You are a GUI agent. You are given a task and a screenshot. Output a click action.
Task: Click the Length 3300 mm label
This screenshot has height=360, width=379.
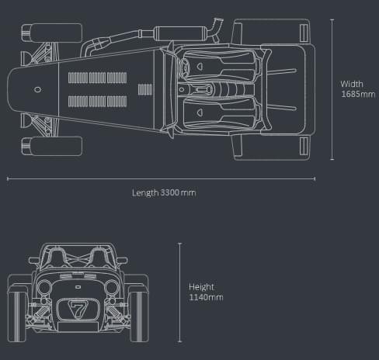[164, 193]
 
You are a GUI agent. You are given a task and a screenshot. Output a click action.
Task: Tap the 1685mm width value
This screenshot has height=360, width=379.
[358, 94]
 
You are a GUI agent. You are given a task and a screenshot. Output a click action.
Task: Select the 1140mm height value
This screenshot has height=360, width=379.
[206, 297]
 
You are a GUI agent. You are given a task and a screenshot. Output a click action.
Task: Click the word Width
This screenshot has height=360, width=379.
[352, 84]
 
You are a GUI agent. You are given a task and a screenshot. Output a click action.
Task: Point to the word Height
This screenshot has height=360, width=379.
[201, 287]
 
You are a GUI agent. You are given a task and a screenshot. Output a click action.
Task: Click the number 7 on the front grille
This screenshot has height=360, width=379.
[78, 309]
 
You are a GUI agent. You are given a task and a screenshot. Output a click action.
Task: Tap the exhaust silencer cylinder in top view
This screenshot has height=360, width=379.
[180, 33]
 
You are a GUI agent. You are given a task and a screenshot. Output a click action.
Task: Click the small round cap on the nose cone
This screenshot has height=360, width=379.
[38, 89]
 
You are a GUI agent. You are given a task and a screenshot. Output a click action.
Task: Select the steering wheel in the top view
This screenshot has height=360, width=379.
[184, 67]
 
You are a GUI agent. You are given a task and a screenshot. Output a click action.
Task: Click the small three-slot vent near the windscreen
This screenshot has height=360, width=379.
[145, 89]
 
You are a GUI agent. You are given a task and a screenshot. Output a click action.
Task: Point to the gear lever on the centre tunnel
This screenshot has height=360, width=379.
[203, 90]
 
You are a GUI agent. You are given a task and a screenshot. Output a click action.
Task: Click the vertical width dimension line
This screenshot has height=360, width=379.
[332, 89]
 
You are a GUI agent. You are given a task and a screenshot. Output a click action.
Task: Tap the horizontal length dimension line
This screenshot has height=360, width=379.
[161, 178]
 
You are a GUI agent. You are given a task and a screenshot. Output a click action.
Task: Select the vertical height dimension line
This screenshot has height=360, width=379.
[180, 292]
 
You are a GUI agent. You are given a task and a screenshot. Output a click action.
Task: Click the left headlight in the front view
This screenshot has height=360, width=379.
[43, 288]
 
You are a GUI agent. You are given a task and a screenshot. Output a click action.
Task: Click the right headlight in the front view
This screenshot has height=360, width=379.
[112, 287]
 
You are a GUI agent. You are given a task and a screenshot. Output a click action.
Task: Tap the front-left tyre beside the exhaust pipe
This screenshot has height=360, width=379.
[52, 33]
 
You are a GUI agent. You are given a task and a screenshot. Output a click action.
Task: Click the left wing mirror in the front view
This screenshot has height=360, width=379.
[33, 260]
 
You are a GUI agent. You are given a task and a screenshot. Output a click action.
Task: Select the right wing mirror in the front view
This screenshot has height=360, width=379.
[122, 260]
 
